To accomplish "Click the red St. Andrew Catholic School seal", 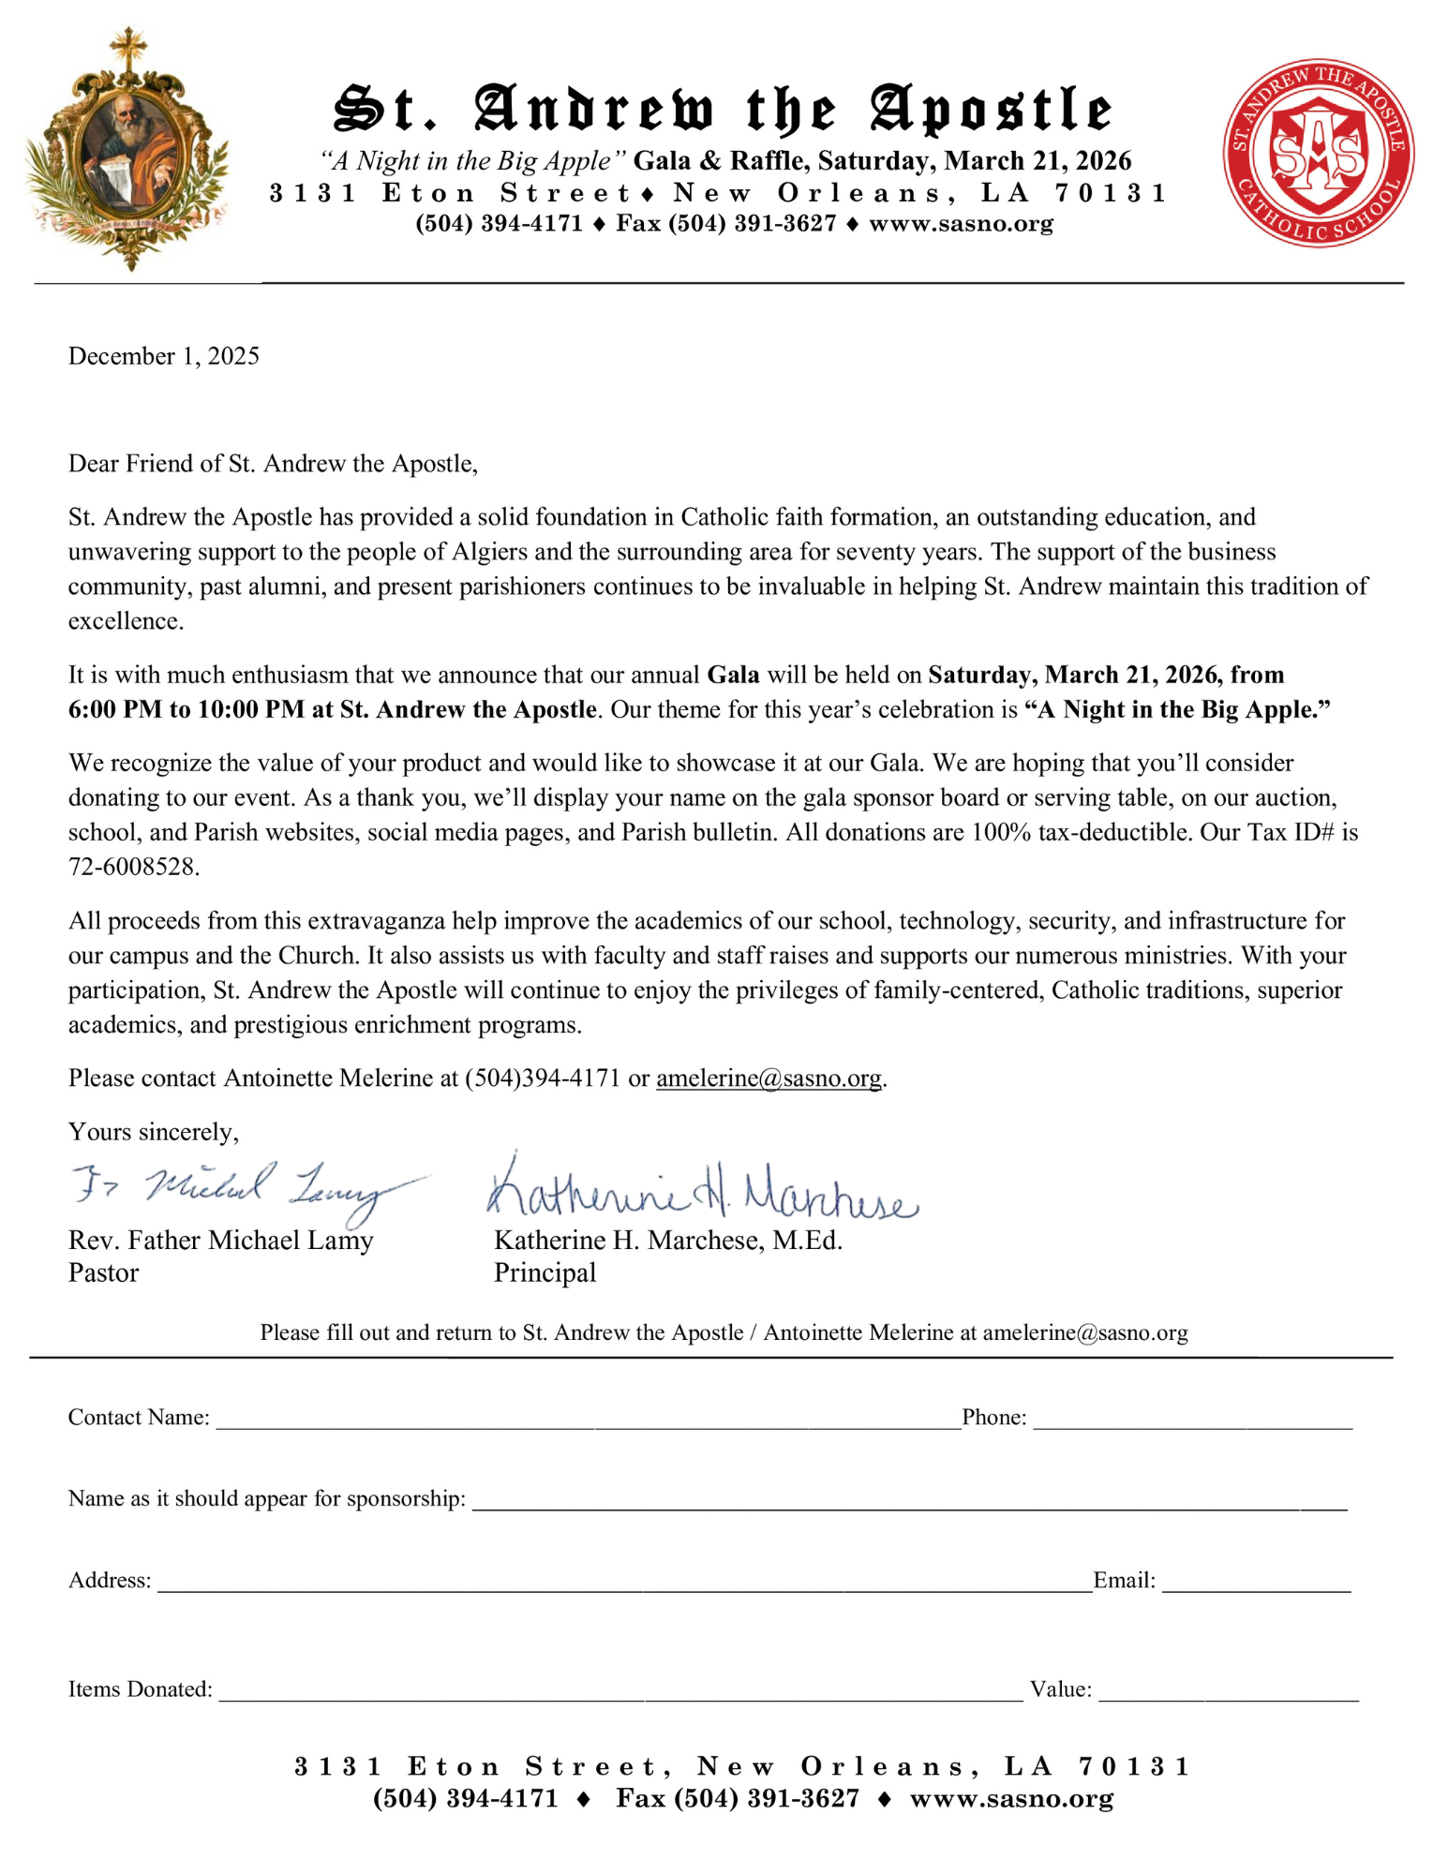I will point(1318,154).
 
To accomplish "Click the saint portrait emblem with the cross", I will point(128,150).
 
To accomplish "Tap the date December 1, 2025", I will point(163,356).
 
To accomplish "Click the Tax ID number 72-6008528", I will point(133,867).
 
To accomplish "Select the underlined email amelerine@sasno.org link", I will point(769,1078).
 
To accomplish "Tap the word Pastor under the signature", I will point(103,1272).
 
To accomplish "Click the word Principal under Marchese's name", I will point(545,1272).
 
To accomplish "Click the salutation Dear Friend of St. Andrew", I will point(273,464).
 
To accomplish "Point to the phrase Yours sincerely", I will point(153,1132).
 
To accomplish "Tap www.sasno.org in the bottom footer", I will point(1011,1798).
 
